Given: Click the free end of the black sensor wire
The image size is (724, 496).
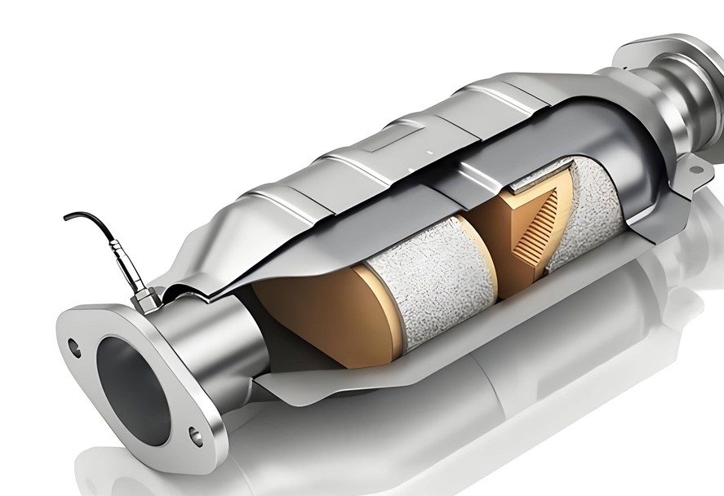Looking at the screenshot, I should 67,217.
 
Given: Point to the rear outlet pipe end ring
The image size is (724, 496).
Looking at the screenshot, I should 694,69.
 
